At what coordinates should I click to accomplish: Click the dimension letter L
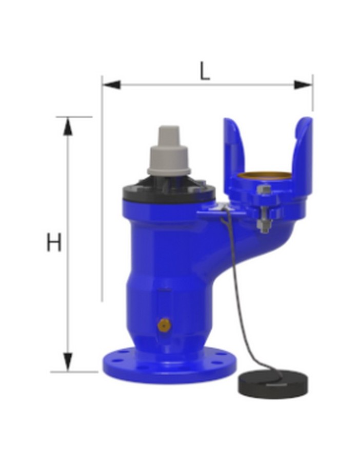(x=205, y=71)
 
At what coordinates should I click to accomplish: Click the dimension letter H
(x=54, y=242)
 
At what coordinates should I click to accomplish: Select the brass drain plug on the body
(x=164, y=324)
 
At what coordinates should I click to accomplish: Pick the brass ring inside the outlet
(x=265, y=176)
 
